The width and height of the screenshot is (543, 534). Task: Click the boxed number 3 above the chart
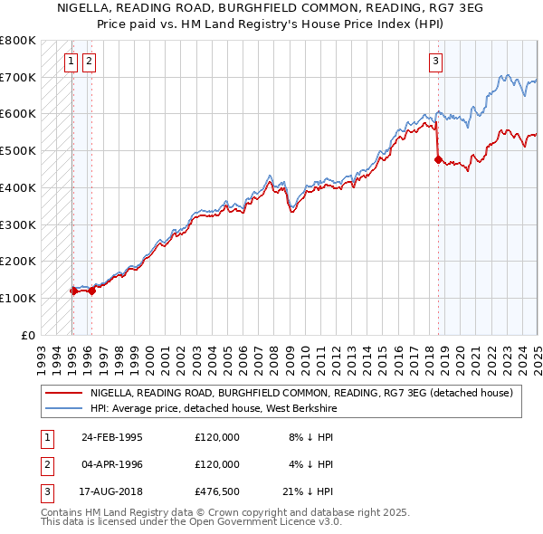point(435,62)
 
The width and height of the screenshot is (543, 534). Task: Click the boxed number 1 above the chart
point(71,62)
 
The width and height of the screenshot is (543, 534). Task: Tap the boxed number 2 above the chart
point(89,62)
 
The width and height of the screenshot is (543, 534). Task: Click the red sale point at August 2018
point(438,159)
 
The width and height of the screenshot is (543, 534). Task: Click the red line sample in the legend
point(63,393)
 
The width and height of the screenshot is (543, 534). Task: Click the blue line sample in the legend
point(63,407)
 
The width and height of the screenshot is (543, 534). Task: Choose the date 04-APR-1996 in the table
point(112,464)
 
